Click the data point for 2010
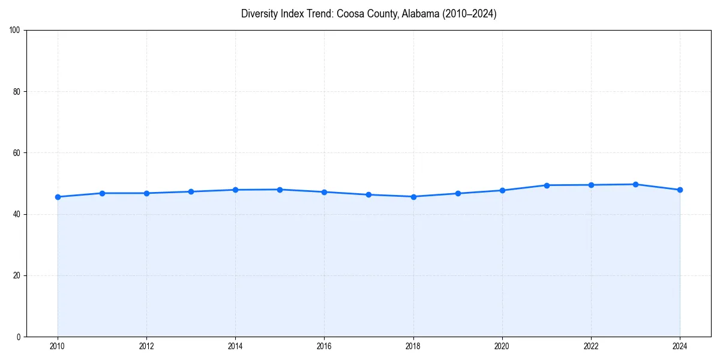[58, 197]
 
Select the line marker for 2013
[191, 191]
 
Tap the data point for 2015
[280, 190]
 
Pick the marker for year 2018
[413, 197]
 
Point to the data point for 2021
[547, 185]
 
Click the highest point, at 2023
[635, 184]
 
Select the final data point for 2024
[680, 190]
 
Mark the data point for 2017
[368, 194]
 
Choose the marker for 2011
[102, 193]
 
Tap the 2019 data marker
[458, 193]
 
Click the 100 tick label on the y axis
[15, 30]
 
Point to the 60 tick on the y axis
[17, 153]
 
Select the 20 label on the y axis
[17, 275]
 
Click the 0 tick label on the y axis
[19, 337]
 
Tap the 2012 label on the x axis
[146, 346]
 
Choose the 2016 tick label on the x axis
[324, 346]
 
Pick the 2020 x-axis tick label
[502, 346]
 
